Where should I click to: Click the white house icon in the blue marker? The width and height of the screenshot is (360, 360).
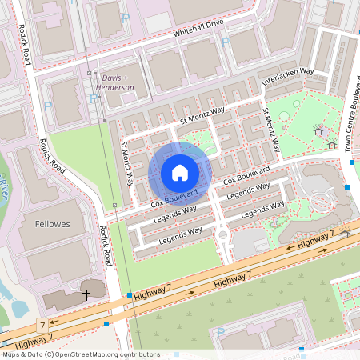180,173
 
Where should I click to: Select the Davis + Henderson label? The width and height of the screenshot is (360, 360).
115,82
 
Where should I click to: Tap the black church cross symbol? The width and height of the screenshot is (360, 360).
86,295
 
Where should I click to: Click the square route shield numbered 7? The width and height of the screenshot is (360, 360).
41,326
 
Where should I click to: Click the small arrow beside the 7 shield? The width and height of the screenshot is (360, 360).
54,325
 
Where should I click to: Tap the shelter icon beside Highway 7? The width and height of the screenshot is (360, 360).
346,234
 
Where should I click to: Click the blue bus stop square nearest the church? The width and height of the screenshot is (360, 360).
129,296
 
